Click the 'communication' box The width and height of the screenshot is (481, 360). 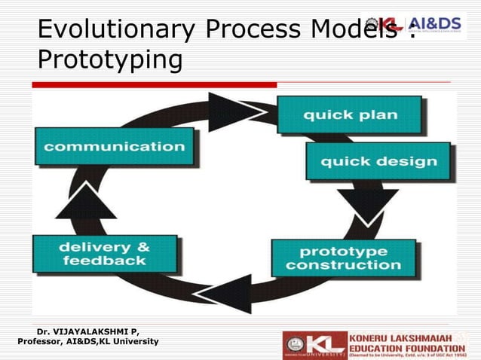point(114,146)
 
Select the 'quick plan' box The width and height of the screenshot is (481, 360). point(350,115)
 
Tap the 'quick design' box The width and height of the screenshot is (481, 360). point(378,161)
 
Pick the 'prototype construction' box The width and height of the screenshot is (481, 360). point(343,258)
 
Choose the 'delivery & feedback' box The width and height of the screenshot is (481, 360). point(105,254)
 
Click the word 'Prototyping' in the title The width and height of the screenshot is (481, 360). point(109,59)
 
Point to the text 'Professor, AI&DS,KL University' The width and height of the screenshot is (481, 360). point(87,342)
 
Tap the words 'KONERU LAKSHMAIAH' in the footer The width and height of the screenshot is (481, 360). point(406,337)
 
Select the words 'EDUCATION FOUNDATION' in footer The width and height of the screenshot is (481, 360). point(406,347)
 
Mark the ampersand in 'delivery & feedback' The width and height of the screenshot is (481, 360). point(140,248)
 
